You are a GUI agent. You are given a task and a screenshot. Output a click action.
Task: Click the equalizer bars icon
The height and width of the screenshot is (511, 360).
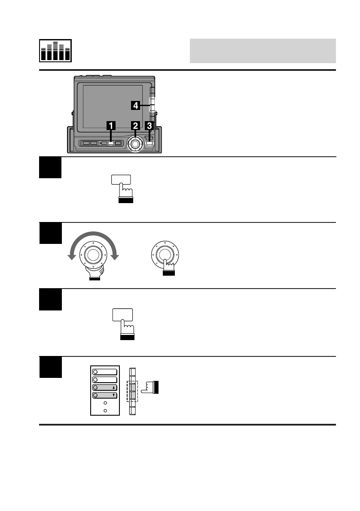point(55,51)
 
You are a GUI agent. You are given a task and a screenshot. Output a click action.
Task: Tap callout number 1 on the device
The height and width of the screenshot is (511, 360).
point(111,125)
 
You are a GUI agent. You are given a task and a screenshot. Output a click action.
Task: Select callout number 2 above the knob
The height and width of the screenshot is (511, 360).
point(135,125)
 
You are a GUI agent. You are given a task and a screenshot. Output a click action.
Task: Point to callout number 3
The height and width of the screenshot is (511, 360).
point(149,125)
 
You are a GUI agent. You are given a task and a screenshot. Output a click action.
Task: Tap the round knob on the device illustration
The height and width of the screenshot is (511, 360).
point(135,144)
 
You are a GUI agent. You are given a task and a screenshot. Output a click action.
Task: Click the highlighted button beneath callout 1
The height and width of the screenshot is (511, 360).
point(111,143)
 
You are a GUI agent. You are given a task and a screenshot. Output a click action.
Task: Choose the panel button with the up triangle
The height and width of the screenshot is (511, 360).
point(105,387)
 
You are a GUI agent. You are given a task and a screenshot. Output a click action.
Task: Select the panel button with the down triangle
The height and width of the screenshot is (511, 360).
point(105,395)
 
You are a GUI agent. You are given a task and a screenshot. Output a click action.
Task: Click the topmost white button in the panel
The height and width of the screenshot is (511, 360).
point(105,371)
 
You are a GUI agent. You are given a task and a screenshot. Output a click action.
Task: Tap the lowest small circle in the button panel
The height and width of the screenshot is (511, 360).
point(105,411)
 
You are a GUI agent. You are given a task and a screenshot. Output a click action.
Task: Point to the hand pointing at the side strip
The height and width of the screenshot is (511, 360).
point(150,387)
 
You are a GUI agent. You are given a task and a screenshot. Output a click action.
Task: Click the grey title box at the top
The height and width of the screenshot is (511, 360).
point(262,51)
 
